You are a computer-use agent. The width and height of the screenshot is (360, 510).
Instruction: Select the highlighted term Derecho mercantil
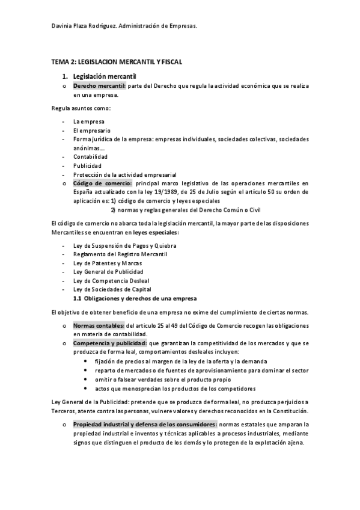click(99, 87)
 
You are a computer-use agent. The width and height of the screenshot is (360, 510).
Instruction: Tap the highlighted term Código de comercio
click(102, 183)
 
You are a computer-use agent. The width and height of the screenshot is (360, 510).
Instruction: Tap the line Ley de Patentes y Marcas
click(108, 263)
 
